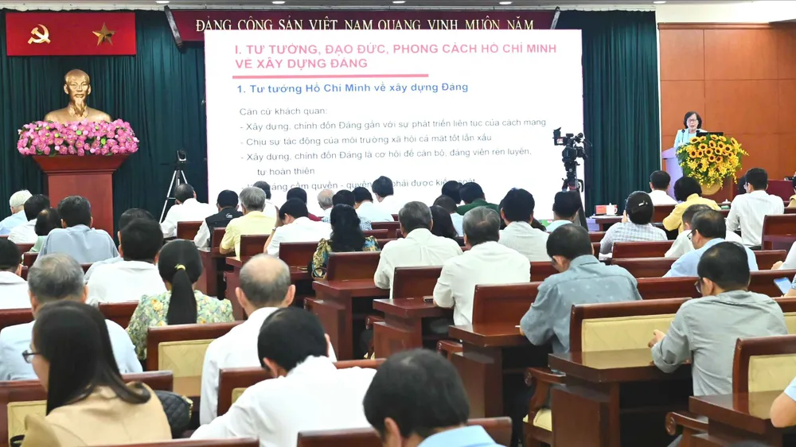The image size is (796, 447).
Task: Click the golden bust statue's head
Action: click(x=77, y=87)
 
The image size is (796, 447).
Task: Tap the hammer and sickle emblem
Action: click(x=39, y=33)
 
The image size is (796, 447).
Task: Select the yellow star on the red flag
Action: click(x=103, y=34)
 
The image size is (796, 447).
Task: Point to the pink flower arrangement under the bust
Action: click(x=77, y=138)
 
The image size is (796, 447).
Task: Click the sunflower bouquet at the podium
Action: click(x=710, y=157)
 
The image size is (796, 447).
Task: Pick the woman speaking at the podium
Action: click(x=690, y=128)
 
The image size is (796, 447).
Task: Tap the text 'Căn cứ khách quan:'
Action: click(x=272, y=111)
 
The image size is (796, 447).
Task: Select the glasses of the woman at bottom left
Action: click(x=29, y=355)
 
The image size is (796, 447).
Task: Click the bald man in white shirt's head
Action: click(x=265, y=280)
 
